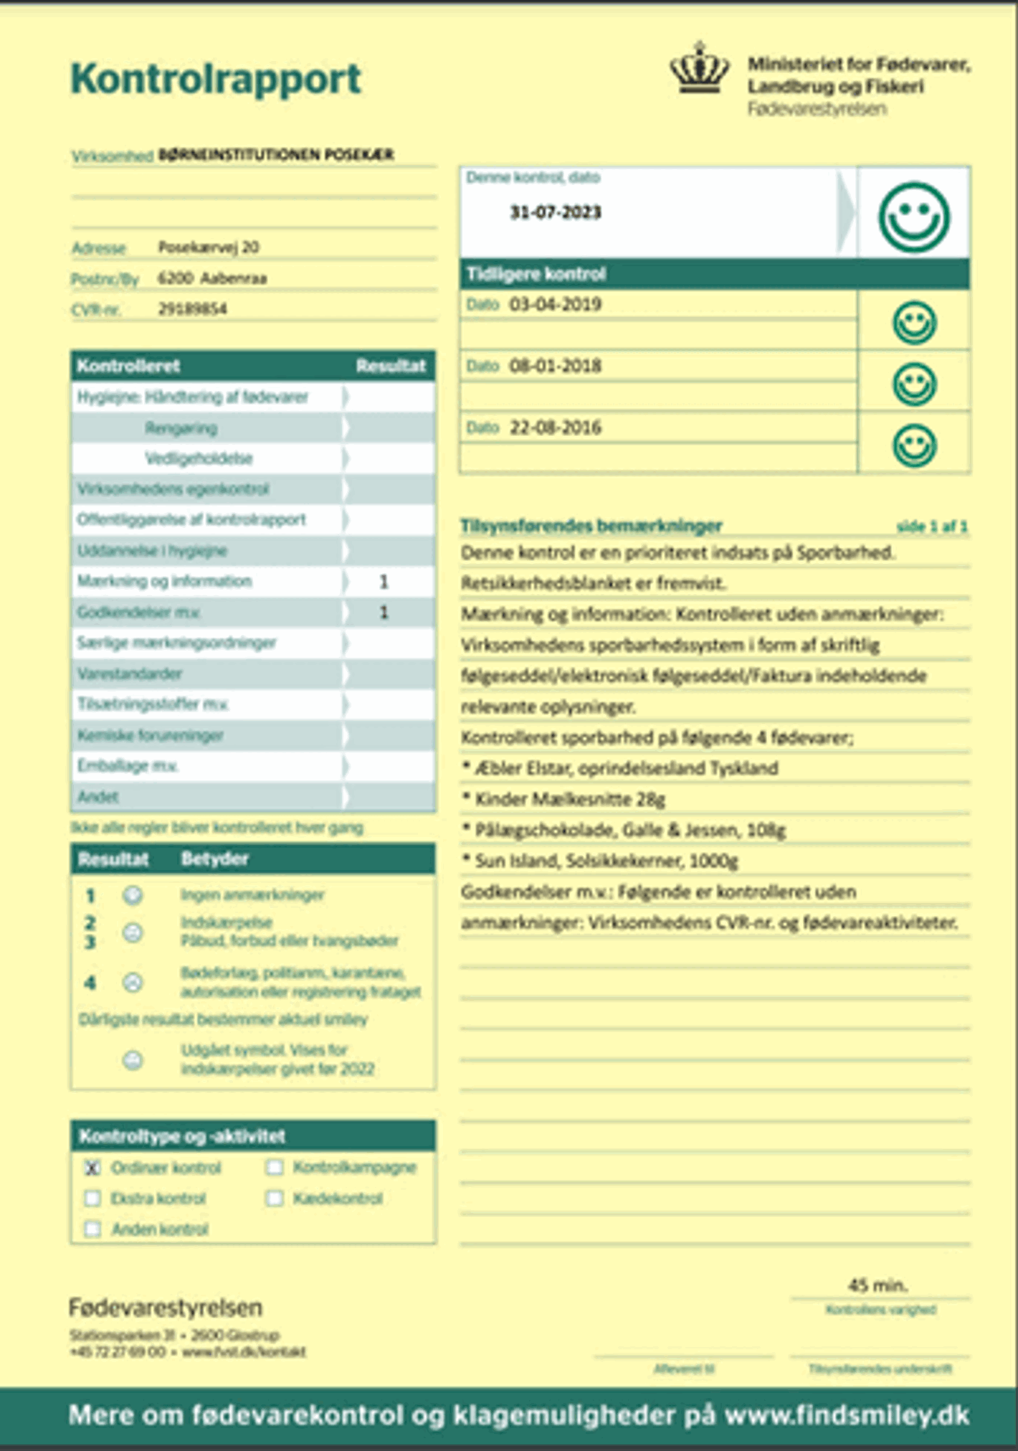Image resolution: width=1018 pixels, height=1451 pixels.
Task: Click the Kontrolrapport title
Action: coord(216,79)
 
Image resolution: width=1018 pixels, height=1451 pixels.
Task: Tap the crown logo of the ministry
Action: coord(699,68)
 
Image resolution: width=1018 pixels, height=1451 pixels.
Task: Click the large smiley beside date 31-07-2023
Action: coord(914,217)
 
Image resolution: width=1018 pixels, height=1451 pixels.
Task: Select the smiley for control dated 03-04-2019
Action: coord(914,322)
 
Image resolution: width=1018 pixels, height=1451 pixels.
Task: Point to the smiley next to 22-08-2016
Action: coord(914,445)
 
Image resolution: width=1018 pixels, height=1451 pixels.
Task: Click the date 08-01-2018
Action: coord(555,366)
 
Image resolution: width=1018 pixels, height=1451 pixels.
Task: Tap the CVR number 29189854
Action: coord(192,309)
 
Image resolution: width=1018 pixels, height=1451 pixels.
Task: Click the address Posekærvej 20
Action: coord(209,247)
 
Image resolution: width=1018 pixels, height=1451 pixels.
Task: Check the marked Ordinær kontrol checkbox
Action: coord(92,1168)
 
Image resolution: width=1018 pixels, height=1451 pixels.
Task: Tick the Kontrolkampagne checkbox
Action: coord(275,1168)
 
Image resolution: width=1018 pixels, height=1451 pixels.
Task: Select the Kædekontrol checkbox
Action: coord(275,1199)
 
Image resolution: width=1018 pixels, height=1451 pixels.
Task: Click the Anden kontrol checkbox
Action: coord(92,1229)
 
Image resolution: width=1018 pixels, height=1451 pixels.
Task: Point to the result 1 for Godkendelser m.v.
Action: coord(384,613)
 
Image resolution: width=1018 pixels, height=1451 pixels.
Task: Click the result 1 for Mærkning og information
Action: coord(384,582)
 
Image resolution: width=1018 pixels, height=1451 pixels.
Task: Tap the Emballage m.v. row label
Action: coord(128,766)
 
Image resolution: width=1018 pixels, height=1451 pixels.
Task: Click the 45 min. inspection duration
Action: coord(877,1285)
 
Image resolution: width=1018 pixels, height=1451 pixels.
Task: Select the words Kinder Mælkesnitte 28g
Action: coord(570,799)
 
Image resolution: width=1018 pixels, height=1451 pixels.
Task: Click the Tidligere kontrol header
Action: coord(536,274)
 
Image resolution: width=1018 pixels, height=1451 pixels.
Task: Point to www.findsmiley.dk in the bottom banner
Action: coord(847,1415)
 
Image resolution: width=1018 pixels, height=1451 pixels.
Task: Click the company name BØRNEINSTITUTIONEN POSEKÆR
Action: coord(276,155)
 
